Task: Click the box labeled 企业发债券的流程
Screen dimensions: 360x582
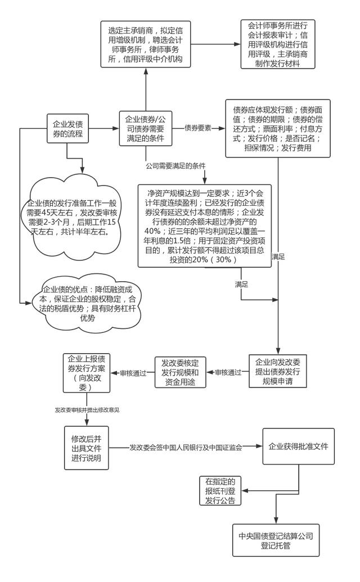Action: (67, 128)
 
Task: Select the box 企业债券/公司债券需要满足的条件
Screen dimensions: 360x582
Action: (145, 128)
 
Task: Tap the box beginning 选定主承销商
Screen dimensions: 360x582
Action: (146, 44)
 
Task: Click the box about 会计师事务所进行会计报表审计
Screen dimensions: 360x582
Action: (278, 44)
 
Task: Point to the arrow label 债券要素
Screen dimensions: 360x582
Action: (198, 128)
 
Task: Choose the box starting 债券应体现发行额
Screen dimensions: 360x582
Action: (278, 128)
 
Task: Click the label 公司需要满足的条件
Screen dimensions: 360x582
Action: (175, 166)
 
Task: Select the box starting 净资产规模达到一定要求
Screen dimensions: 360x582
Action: (205, 225)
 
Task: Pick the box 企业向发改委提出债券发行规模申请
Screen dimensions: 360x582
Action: (278, 372)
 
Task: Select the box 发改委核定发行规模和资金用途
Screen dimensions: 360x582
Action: (180, 372)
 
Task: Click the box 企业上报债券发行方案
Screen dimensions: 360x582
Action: (87, 373)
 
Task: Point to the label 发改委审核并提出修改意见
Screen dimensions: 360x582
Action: (87, 410)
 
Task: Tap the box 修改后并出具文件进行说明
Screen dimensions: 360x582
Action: (87, 448)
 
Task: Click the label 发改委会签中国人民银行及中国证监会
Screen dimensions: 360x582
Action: (186, 448)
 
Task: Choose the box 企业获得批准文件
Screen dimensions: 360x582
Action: (298, 446)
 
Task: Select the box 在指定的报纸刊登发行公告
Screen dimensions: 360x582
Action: (220, 491)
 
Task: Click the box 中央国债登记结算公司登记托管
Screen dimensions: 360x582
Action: (276, 540)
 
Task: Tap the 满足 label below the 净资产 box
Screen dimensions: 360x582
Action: (241, 285)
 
